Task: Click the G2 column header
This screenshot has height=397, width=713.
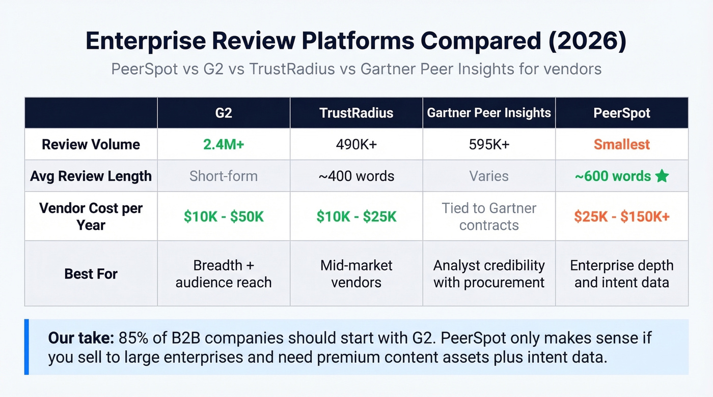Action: (x=224, y=113)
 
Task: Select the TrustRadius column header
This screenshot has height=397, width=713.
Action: (x=356, y=113)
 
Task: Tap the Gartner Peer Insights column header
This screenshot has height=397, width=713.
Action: (x=489, y=113)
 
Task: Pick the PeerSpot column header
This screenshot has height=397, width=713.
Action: (x=622, y=113)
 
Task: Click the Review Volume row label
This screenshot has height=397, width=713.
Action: (x=91, y=144)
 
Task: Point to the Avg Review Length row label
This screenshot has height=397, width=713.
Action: (x=91, y=176)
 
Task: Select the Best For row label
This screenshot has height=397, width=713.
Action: (x=91, y=274)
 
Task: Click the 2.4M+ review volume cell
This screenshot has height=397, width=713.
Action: (x=224, y=144)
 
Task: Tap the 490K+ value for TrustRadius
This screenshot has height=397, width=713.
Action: (x=356, y=144)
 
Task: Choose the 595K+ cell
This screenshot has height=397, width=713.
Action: (x=489, y=144)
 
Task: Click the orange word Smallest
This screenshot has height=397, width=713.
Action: (x=622, y=144)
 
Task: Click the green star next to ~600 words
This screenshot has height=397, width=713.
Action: (x=662, y=176)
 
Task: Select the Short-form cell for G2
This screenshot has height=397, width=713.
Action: (x=224, y=176)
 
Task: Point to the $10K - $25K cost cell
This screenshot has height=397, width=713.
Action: (x=356, y=217)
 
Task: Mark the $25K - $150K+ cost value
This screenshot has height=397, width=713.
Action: (x=622, y=217)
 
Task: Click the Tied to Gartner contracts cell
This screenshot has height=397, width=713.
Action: (x=489, y=217)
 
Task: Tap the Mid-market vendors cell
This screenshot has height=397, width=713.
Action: (x=356, y=274)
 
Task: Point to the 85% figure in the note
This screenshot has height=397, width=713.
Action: (x=134, y=338)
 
